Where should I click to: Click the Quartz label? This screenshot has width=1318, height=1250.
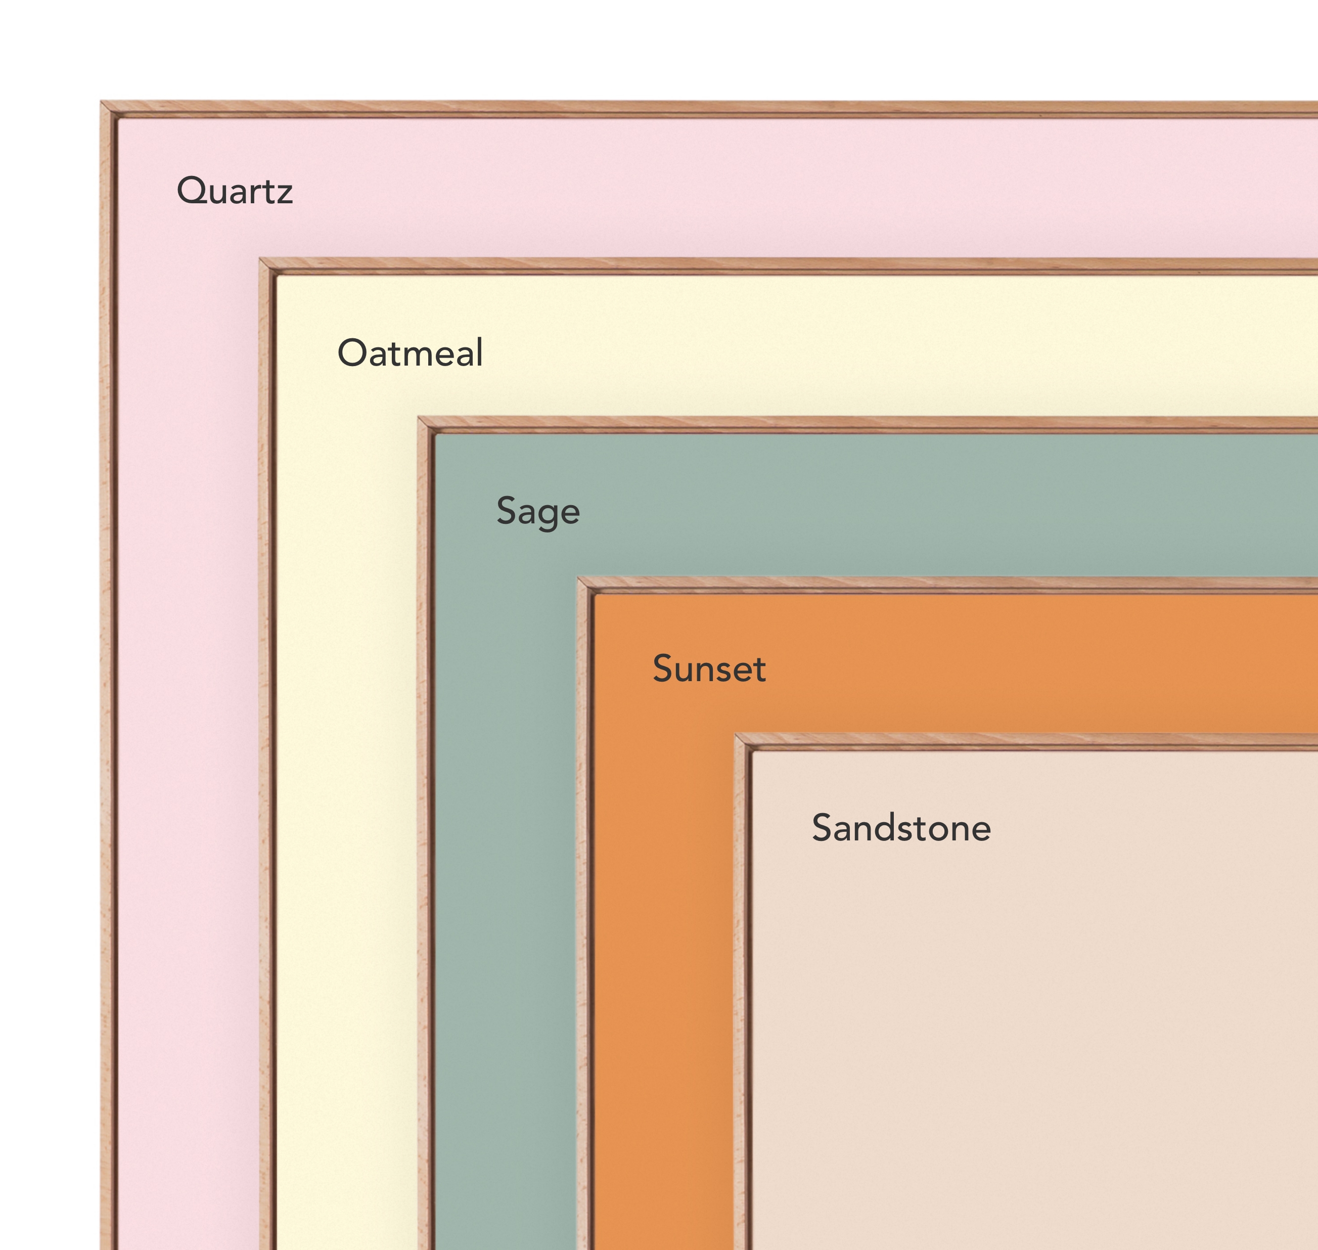[235, 191]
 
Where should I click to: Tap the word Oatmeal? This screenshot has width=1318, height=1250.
[410, 352]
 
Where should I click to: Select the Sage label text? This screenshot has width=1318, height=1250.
[538, 511]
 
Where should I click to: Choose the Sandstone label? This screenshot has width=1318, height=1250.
[901, 828]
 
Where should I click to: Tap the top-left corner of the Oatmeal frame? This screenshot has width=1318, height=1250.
[260, 258]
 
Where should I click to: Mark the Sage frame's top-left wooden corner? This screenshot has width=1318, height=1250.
[419, 418]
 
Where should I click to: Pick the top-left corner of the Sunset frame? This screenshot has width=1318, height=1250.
[578, 577]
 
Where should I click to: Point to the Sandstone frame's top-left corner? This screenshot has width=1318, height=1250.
[736, 734]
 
